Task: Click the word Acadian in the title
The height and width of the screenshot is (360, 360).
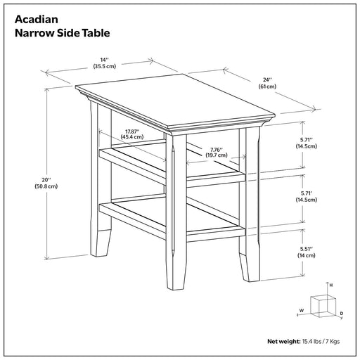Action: pyautogui.click(x=37, y=20)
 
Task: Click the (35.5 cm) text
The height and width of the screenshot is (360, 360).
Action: pyautogui.click(x=105, y=66)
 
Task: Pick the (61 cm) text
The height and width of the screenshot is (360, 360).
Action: pyautogui.click(x=267, y=86)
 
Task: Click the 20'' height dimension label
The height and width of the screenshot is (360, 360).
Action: pyautogui.click(x=46, y=180)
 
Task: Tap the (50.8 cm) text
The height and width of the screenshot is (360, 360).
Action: pyautogui.click(x=46, y=186)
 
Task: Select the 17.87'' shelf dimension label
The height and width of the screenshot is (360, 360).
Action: pyautogui.click(x=132, y=131)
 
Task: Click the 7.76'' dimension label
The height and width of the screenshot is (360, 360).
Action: pyautogui.click(x=217, y=149)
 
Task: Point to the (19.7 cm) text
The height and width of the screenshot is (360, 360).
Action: pyautogui.click(x=217, y=155)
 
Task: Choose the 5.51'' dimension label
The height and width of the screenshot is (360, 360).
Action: pyautogui.click(x=307, y=249)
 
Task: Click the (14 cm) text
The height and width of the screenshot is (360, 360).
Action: pyautogui.click(x=307, y=255)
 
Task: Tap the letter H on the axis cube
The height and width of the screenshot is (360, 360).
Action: pyautogui.click(x=331, y=285)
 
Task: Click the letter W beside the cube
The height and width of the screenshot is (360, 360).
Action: pyautogui.click(x=302, y=311)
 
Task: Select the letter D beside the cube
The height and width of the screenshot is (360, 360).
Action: pyautogui.click(x=342, y=314)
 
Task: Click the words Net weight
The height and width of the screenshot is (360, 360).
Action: pyautogui.click(x=284, y=342)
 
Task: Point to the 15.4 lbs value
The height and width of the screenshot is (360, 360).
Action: pyautogui.click(x=311, y=342)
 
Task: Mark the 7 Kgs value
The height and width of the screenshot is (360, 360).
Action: pyautogui.click(x=333, y=342)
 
